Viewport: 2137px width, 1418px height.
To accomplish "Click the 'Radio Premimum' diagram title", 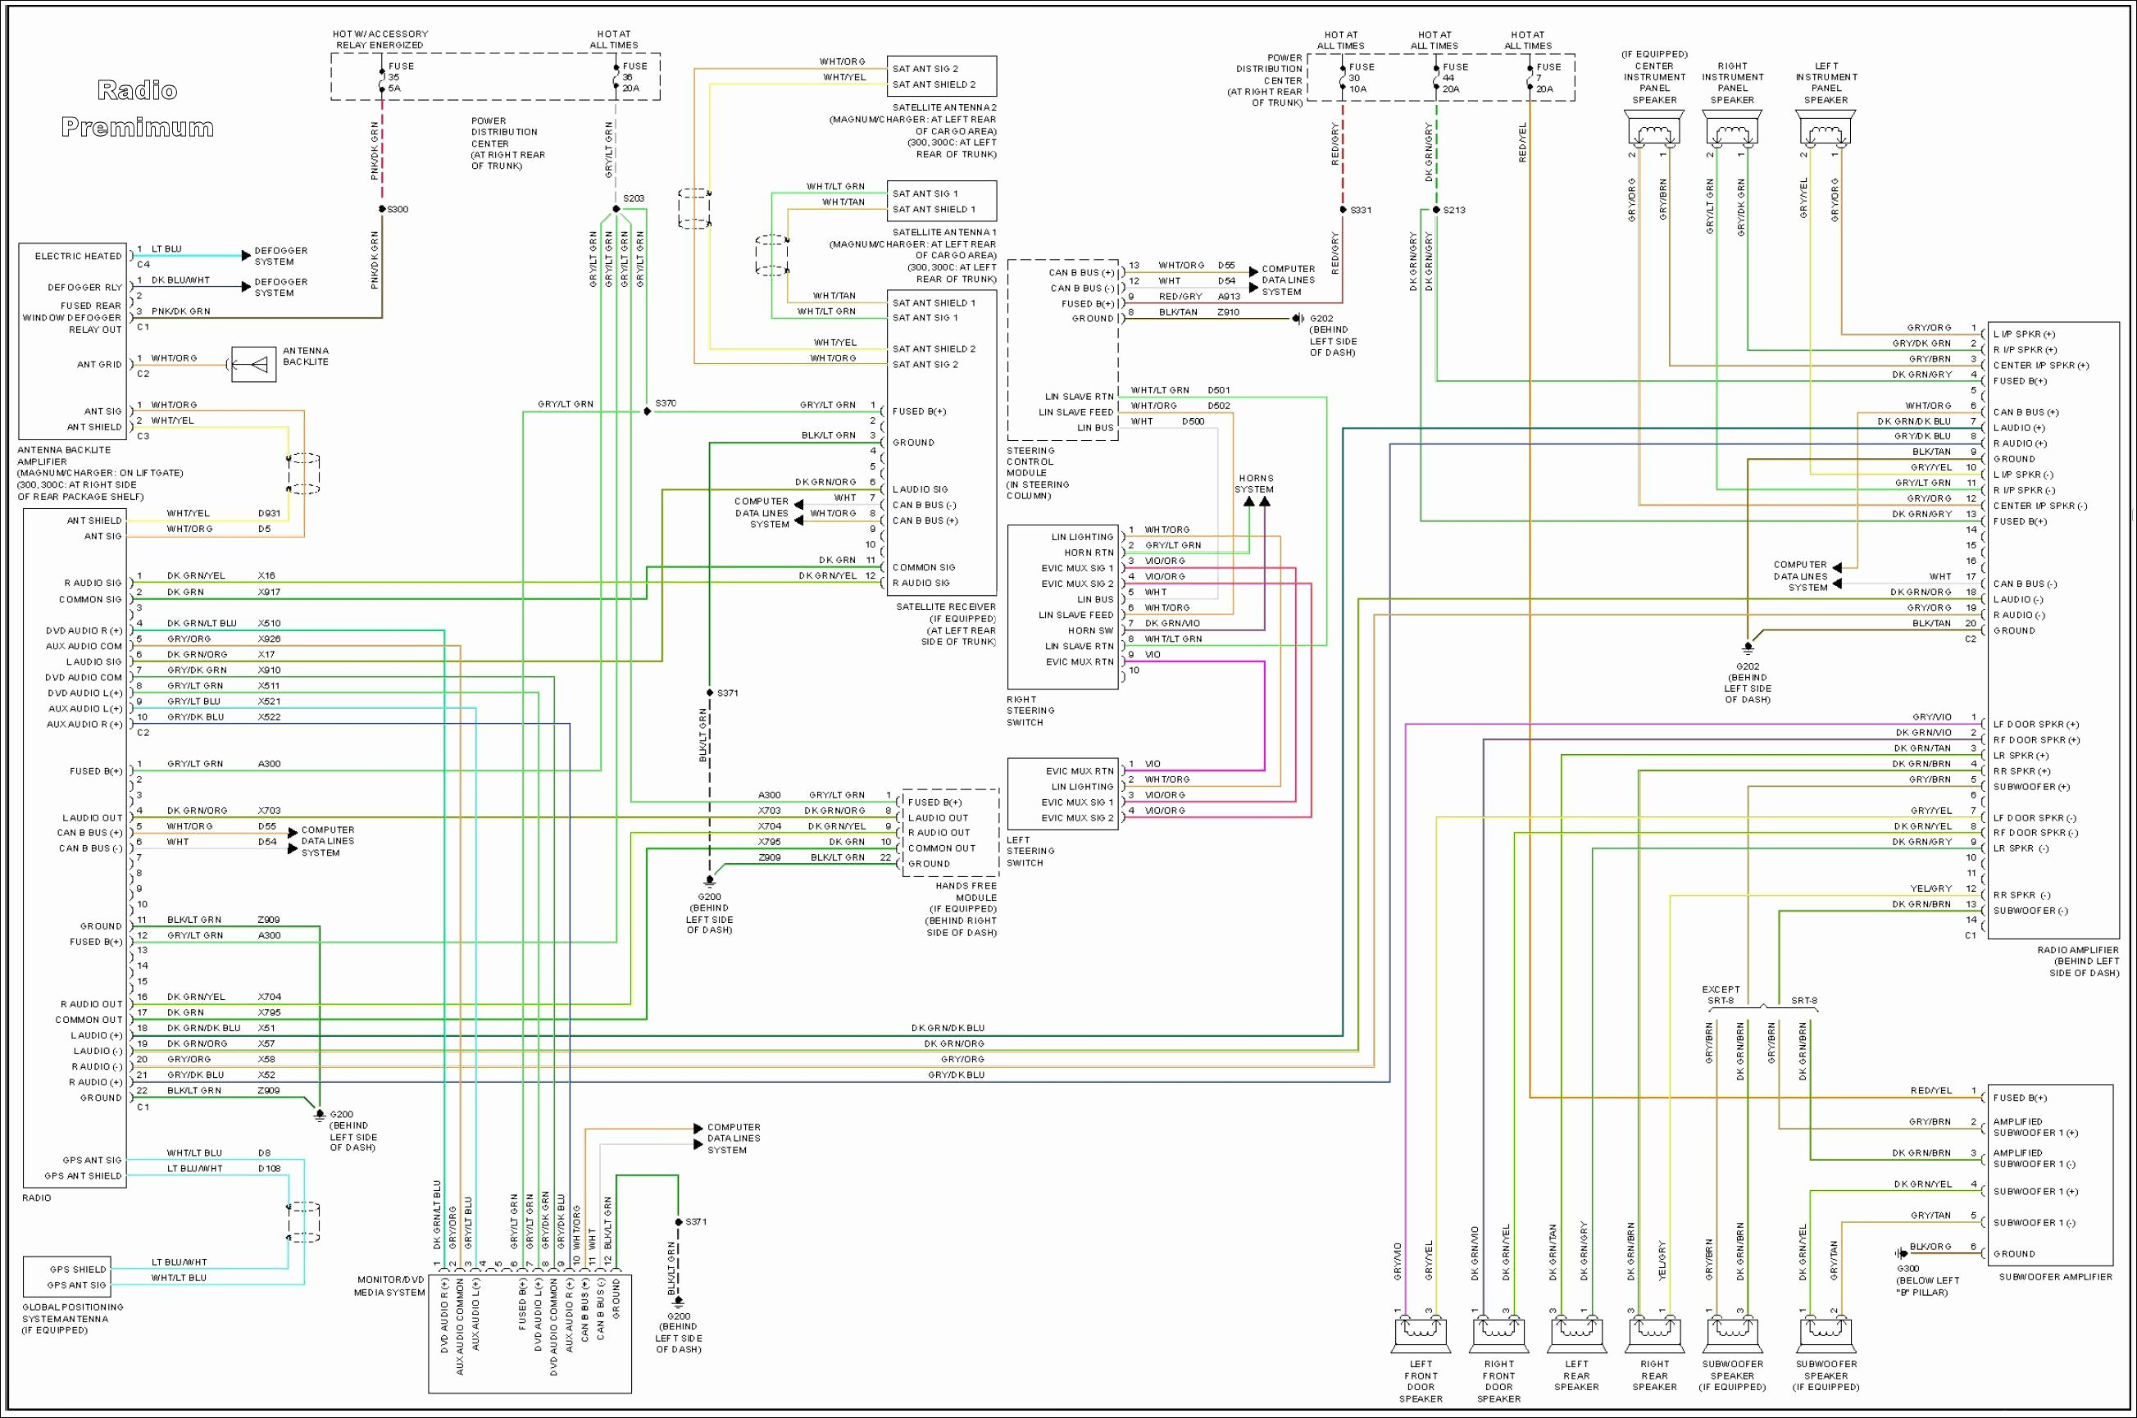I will [138, 108].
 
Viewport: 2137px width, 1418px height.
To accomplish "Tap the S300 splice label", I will [397, 210].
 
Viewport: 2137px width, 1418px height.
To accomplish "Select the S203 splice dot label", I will [633, 198].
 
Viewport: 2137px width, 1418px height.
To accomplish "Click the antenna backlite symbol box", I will [254, 365].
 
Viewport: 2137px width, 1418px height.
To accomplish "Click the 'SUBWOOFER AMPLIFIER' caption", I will [2055, 1277].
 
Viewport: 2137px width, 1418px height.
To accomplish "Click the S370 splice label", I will [666, 403].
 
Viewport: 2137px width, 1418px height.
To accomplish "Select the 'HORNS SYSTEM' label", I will [1255, 484].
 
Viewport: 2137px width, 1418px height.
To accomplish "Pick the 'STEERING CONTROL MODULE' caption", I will [1037, 473].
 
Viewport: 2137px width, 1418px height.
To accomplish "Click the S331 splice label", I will [1360, 210].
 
